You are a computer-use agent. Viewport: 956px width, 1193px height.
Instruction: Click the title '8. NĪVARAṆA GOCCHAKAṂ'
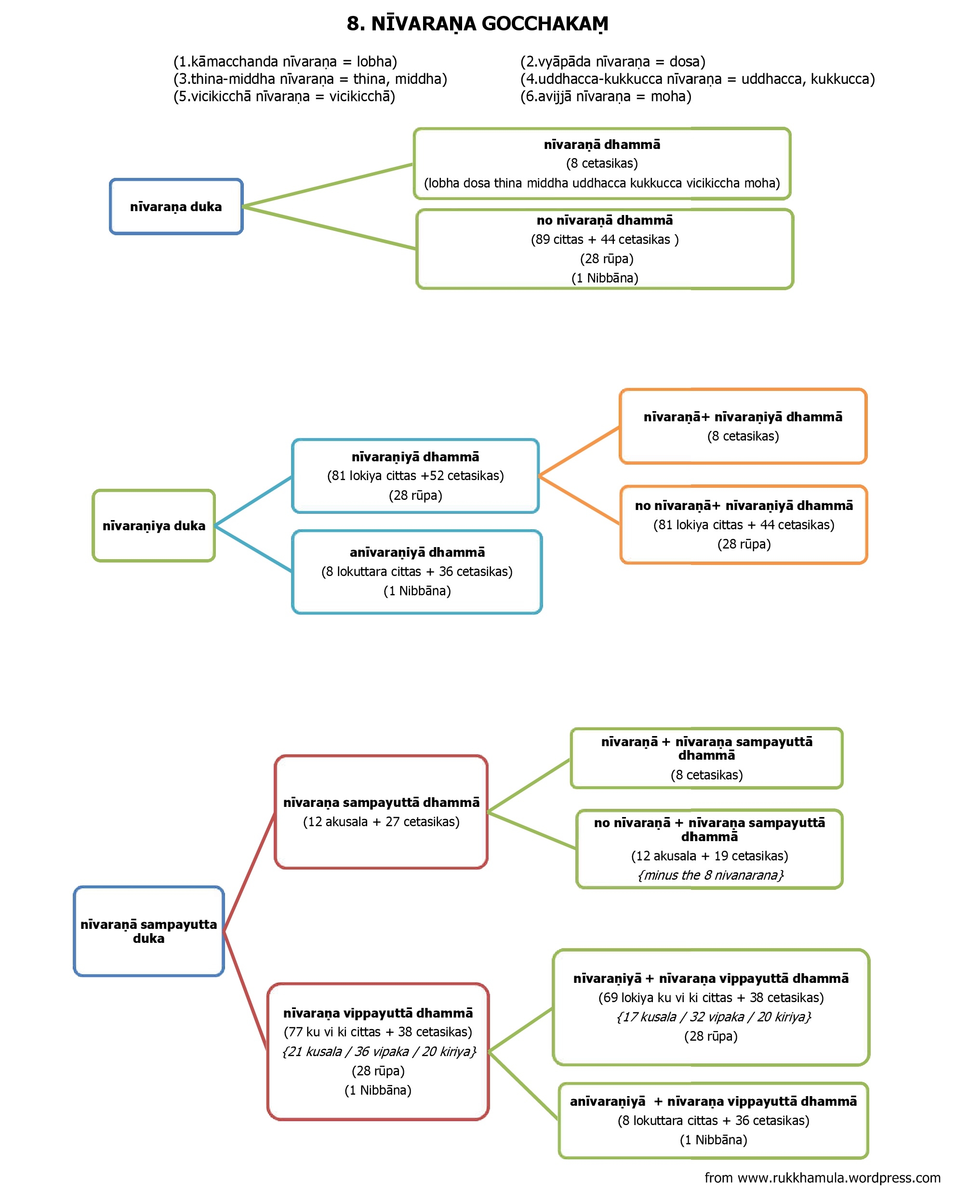478,24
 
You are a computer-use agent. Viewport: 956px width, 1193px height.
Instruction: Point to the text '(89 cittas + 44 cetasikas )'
605,240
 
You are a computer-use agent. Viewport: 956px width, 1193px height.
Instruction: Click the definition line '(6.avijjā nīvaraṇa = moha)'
606,97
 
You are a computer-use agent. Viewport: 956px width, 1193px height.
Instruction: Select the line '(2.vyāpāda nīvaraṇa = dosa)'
613,61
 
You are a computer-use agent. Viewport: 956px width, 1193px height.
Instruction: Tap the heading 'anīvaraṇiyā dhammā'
417,552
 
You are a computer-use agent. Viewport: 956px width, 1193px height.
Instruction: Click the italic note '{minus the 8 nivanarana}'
711,875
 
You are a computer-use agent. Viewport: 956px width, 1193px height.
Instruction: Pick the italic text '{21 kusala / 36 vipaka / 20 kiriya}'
379,1051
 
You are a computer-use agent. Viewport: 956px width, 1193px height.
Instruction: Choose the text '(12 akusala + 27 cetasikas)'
381,822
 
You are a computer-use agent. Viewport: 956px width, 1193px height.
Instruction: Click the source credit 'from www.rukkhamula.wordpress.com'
823,1178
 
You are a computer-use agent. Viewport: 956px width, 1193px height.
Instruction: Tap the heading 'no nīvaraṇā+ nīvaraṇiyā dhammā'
744,506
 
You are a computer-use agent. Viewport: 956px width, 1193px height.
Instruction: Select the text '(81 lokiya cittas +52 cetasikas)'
415,476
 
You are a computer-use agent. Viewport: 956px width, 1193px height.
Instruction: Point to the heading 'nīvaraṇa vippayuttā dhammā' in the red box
378,1013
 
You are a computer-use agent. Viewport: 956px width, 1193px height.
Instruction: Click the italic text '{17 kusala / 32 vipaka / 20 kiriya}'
714,1017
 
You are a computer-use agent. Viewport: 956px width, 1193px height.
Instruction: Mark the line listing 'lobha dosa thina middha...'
602,183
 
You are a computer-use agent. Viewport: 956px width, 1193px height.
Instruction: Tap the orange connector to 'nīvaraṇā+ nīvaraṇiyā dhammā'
579,452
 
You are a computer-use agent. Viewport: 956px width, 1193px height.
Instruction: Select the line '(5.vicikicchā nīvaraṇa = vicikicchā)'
284,97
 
